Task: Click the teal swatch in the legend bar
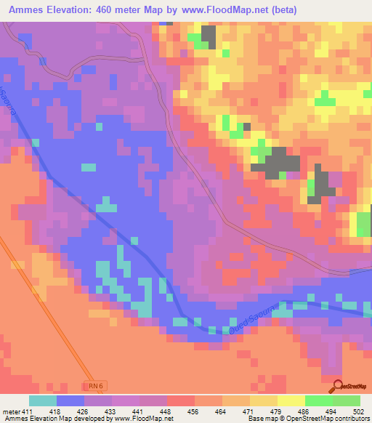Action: (x=42, y=400)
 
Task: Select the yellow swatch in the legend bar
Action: (x=291, y=400)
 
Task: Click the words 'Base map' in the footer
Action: (x=259, y=419)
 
